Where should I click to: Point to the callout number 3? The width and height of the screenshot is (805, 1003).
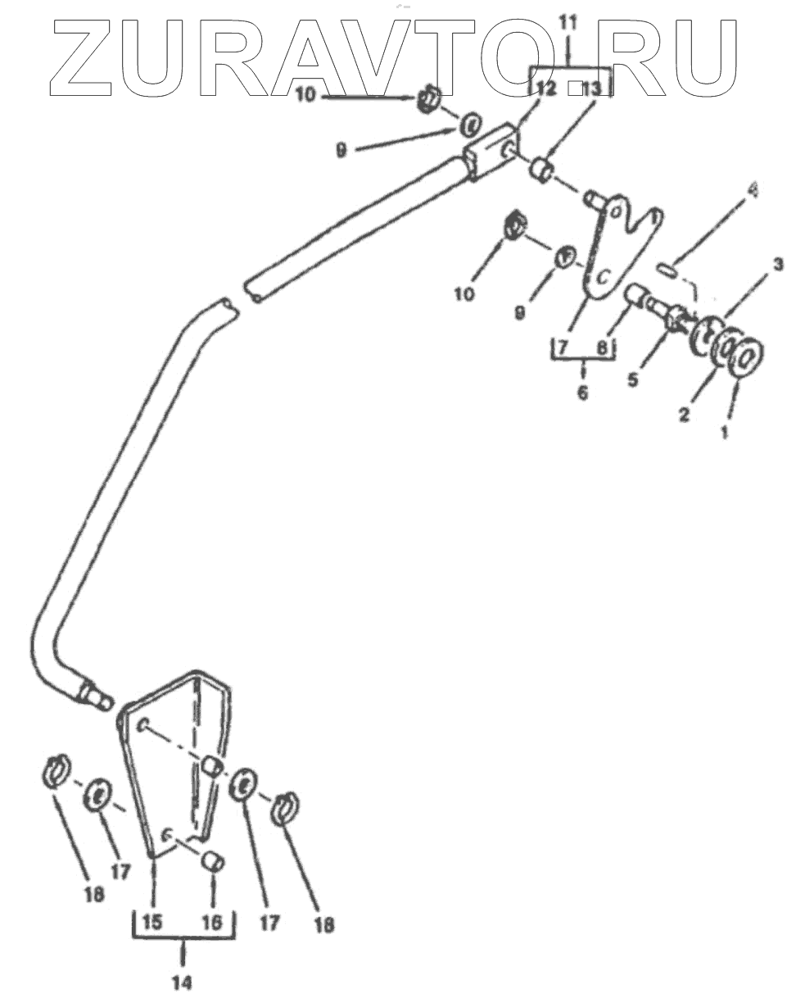click(x=778, y=264)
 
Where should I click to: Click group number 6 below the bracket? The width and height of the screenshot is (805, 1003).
click(x=582, y=393)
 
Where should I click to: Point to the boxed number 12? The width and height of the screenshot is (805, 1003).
click(x=546, y=88)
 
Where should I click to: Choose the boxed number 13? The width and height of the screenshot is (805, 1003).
click(x=592, y=88)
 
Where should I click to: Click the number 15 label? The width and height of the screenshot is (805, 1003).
click(x=153, y=922)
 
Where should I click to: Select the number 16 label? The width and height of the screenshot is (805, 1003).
click(x=212, y=923)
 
